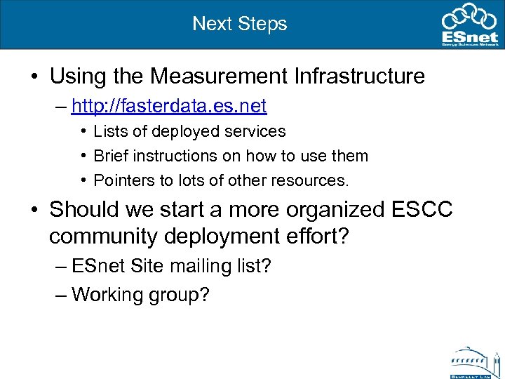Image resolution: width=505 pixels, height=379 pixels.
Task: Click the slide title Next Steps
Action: [x=240, y=23]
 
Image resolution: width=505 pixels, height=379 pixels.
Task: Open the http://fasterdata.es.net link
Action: [x=169, y=106]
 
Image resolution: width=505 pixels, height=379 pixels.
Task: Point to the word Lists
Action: [x=109, y=131]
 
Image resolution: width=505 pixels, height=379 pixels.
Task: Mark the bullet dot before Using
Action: [x=34, y=77]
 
